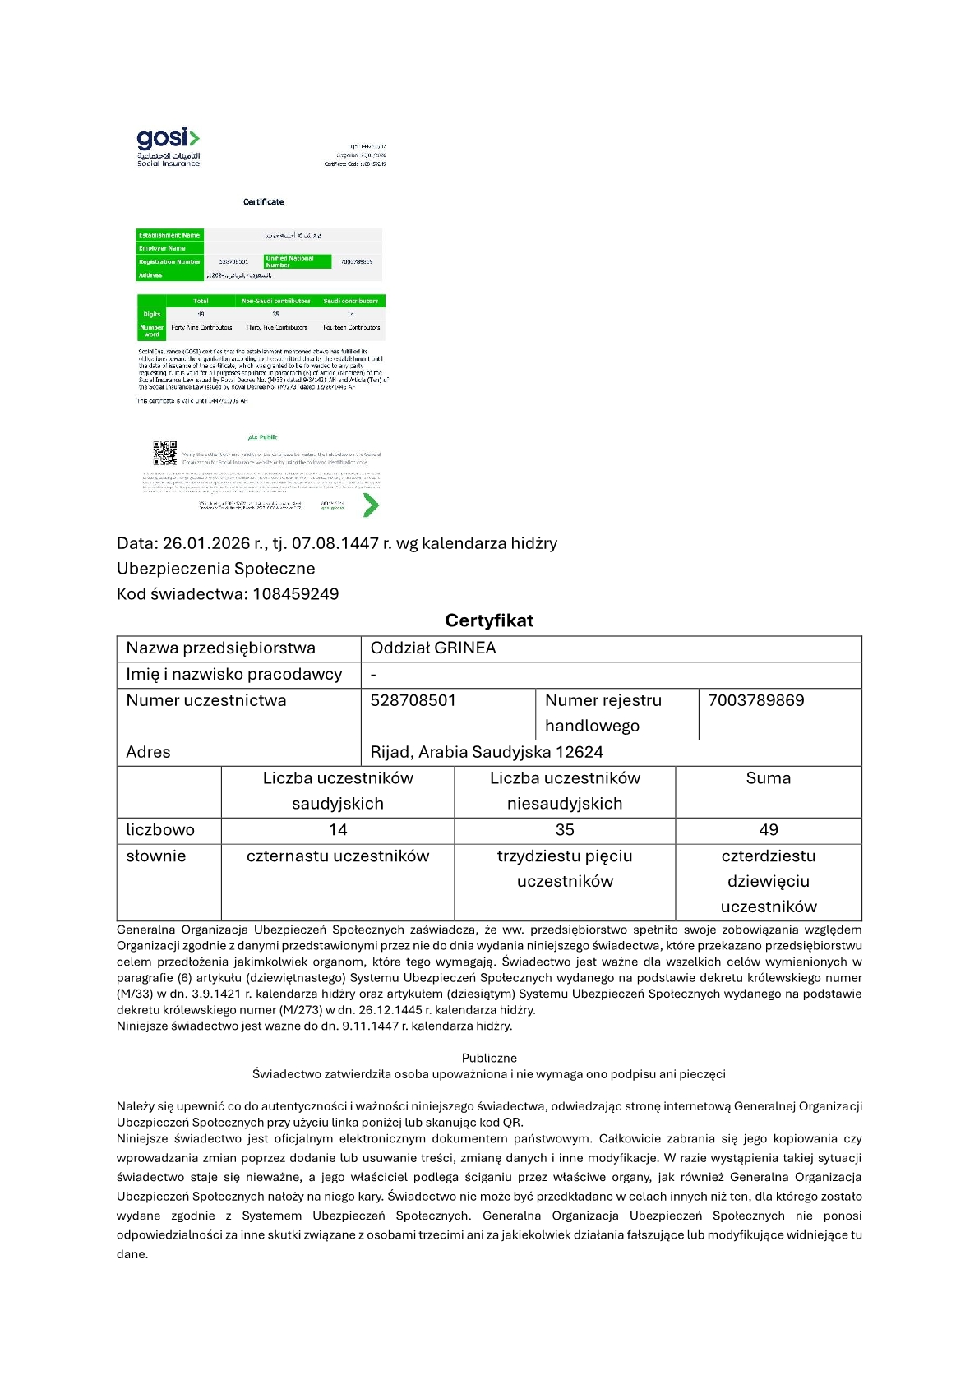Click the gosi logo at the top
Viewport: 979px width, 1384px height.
click(x=168, y=146)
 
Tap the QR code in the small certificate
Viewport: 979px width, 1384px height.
click(x=165, y=453)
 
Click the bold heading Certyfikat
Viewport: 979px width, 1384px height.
click(x=489, y=620)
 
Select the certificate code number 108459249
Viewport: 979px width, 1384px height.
click(x=296, y=594)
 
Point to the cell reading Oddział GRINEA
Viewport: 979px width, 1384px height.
click(x=433, y=648)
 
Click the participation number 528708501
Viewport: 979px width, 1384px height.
click(x=413, y=700)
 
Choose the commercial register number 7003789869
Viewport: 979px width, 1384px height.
click(x=755, y=700)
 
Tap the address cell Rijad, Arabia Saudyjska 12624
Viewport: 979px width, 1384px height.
click(x=487, y=752)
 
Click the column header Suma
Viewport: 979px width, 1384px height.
click(x=768, y=778)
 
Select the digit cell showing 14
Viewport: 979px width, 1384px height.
click(x=338, y=830)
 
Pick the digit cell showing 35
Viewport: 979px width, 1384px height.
click(x=565, y=830)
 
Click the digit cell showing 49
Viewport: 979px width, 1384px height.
click(x=769, y=830)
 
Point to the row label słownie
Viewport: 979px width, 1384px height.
click(x=156, y=856)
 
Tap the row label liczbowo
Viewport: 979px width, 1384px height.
click(x=160, y=830)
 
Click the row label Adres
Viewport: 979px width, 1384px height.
click(x=148, y=752)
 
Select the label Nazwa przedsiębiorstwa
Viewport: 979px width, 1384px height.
click(x=220, y=648)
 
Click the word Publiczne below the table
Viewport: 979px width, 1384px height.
click(x=489, y=1058)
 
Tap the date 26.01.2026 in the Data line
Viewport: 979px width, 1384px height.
click(x=206, y=543)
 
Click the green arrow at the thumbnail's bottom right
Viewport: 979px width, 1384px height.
click(x=371, y=505)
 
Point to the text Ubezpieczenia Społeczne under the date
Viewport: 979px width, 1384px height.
click(x=215, y=569)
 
